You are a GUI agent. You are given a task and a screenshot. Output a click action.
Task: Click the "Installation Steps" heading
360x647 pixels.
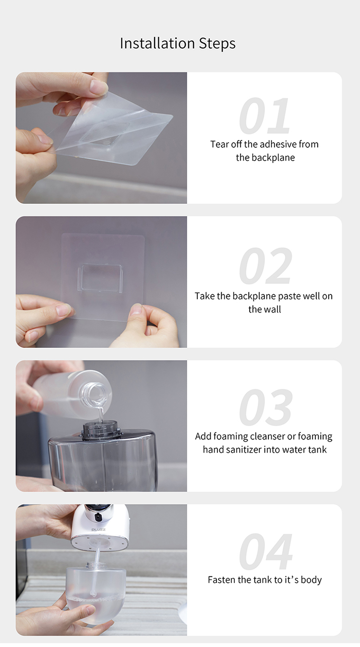178,44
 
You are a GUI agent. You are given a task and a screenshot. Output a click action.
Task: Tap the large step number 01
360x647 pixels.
264,116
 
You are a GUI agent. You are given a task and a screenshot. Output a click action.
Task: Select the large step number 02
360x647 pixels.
265,266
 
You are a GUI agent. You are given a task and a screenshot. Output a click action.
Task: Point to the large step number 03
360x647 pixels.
265,407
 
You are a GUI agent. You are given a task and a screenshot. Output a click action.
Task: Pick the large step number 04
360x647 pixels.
266,551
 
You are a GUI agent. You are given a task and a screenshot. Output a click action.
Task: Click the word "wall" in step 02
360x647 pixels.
272,310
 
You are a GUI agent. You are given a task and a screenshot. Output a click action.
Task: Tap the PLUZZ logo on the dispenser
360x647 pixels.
98,530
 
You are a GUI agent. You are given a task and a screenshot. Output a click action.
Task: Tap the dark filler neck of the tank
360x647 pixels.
100,430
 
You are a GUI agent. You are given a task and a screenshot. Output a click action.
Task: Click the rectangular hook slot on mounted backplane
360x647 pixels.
100,278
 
